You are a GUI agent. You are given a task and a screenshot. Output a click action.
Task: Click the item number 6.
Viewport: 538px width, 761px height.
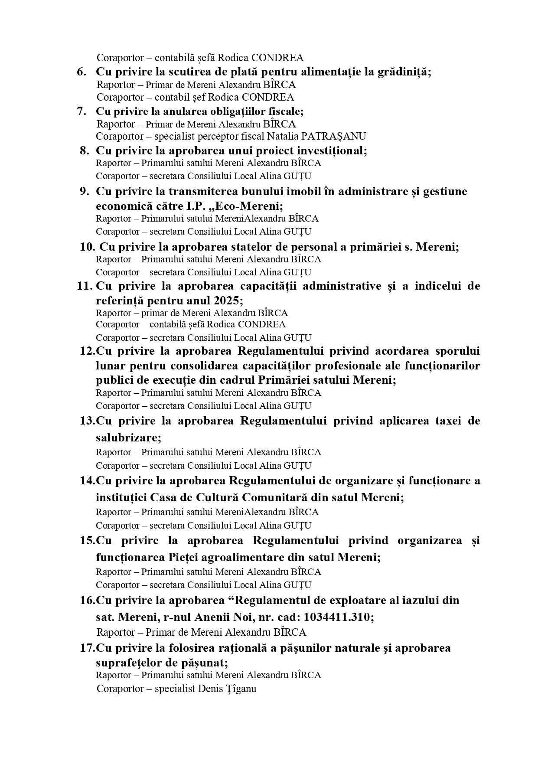pos(82,72)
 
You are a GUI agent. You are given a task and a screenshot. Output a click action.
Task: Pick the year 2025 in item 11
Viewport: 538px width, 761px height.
pos(226,300)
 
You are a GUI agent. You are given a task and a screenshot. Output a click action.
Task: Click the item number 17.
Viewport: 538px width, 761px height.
pos(87,648)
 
